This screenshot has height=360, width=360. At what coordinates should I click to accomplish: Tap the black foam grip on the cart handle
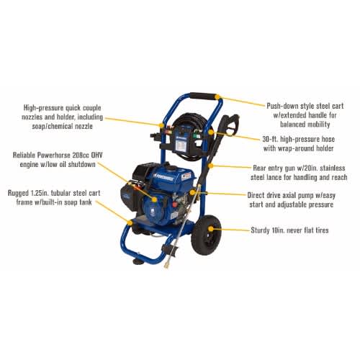tap(204, 96)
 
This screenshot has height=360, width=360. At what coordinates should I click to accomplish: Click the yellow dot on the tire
tap(211, 229)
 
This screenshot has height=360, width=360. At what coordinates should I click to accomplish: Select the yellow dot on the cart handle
tap(217, 97)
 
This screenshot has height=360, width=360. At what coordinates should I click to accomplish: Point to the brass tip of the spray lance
tap(165, 266)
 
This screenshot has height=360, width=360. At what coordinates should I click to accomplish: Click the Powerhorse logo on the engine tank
tap(164, 178)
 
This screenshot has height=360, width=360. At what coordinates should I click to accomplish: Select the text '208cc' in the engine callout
tap(80, 155)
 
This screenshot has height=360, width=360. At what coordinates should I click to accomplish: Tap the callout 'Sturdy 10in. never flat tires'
tap(289, 230)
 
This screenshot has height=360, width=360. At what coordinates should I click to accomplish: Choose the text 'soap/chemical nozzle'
tap(62, 126)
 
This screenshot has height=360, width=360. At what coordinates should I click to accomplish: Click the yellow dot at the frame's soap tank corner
tap(130, 222)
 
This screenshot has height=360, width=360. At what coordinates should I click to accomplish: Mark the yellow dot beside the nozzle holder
tap(161, 125)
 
